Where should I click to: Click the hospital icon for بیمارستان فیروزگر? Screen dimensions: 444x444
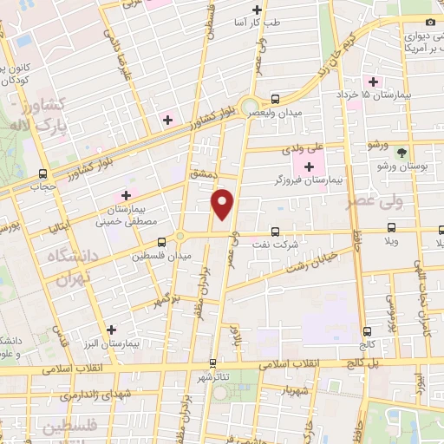pos(309,166)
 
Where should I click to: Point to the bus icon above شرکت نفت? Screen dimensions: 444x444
pos(275,232)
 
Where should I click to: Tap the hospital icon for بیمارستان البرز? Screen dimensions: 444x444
pos(111,329)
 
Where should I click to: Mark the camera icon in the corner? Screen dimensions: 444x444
pos(431,22)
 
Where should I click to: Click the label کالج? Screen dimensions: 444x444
pos(368,344)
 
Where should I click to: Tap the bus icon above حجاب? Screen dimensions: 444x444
pos(43,173)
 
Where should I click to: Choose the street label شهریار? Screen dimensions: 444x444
pos(297,391)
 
